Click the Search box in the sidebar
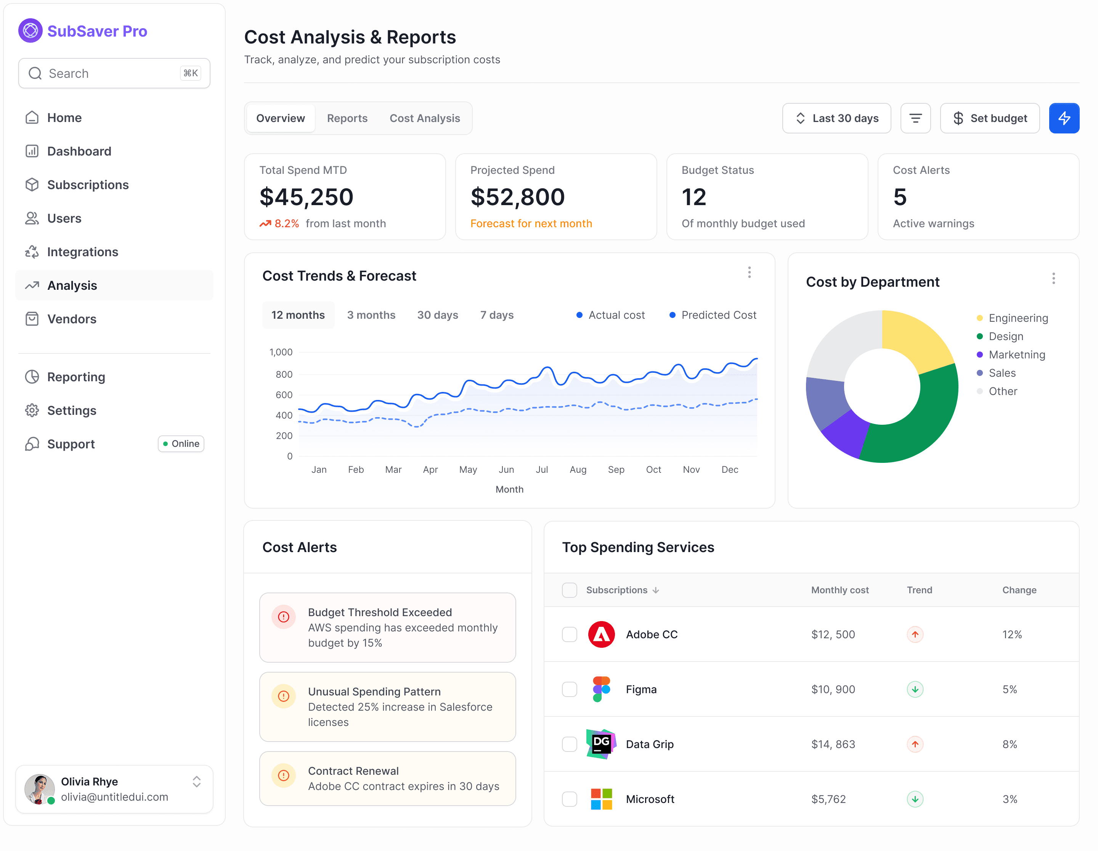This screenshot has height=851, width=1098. pos(114,73)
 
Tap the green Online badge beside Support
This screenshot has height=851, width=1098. pos(181,444)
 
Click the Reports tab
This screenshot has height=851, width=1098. pos(347,118)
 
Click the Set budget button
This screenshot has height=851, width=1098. pos(989,118)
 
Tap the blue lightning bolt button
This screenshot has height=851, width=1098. pos(1064,118)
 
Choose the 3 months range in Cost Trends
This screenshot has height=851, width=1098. pos(371,315)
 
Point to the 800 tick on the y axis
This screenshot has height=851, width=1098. pos(284,374)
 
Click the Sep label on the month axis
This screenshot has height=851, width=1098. pos(616,469)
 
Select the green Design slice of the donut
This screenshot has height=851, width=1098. pos(925,422)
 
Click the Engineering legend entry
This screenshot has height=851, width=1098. pos(1018,318)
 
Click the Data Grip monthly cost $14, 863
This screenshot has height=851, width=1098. pos(833,745)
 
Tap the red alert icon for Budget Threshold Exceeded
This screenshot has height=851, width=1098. pos(284,617)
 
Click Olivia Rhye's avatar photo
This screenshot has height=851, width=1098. pos(39,789)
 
